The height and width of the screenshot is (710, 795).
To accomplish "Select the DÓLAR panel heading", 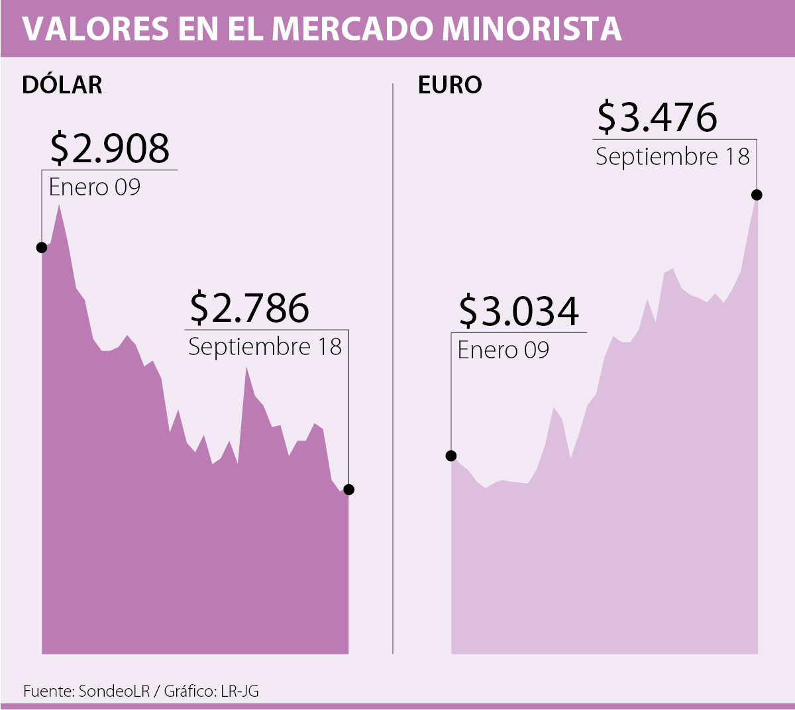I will click(62, 85).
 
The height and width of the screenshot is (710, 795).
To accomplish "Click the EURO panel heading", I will click(450, 85).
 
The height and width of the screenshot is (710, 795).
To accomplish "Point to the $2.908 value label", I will click(110, 148).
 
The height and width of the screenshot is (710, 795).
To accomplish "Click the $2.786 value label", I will click(249, 308).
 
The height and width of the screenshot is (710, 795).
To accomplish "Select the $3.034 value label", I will click(519, 311).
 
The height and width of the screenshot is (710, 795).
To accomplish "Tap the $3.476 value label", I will click(657, 117).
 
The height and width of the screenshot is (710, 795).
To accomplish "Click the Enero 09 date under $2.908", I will click(95, 187).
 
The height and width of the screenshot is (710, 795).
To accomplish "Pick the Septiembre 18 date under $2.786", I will click(265, 347).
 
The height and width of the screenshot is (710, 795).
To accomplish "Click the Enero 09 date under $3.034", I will click(503, 350).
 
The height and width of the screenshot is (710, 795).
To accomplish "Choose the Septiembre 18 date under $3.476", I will click(672, 157).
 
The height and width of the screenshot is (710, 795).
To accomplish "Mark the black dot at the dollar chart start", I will click(42, 247).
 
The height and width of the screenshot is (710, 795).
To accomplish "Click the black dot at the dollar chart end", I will click(349, 489).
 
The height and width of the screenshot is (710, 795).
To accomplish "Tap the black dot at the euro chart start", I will click(451, 456).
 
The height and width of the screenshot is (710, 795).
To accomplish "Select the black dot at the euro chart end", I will click(757, 195).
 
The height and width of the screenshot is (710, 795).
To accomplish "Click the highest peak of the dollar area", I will click(59, 206).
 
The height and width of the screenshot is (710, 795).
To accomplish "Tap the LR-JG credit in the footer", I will click(240, 691).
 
